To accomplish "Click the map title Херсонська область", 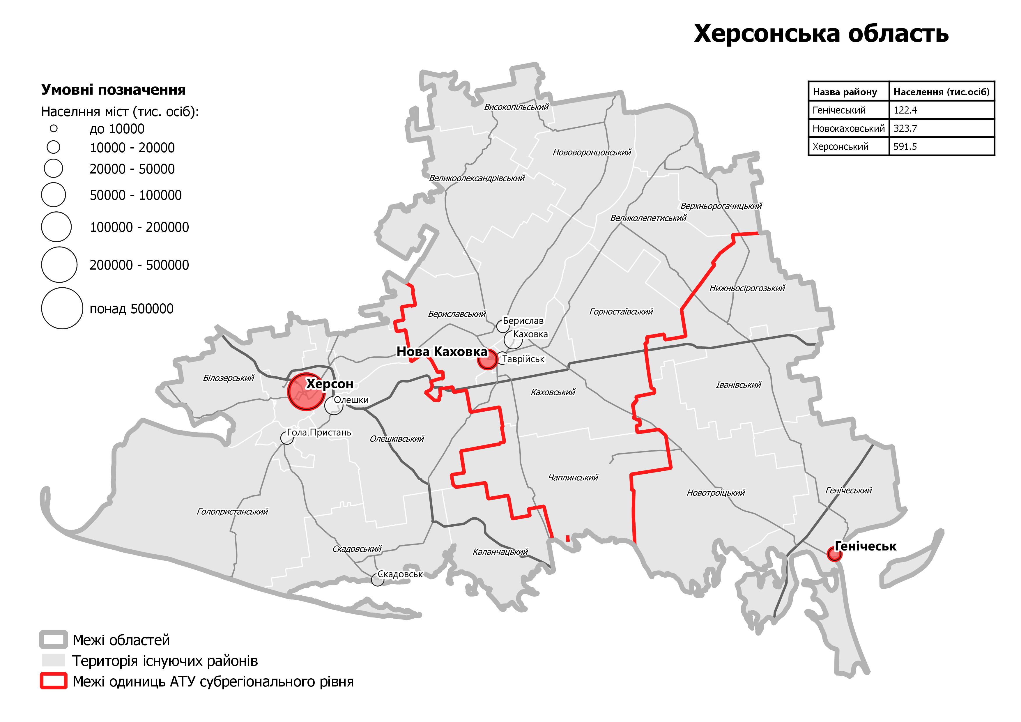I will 821,34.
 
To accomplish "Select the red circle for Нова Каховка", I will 487,360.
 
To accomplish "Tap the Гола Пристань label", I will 319,432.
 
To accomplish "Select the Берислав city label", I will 523,321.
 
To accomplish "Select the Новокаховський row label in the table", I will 848,128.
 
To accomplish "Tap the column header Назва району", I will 845,92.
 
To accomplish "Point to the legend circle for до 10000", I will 54,128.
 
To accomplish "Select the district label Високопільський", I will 516,107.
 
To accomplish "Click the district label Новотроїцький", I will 716,493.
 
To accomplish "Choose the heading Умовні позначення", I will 113,90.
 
